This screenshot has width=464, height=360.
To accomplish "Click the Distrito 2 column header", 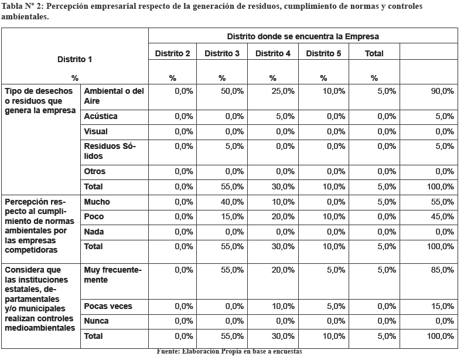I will pos(172,53).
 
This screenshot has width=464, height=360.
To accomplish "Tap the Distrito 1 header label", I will pos(74,59).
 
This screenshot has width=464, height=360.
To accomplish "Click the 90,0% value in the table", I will pos(442,91).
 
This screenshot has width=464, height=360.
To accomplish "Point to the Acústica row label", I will pos(100,116).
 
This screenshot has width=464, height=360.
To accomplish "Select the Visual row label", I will pos(96,131).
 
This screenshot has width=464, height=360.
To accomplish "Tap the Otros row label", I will pos(94,171).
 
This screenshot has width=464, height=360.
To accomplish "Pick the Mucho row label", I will pos(97,202).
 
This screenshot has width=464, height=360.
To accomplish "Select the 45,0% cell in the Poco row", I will pos(442,217).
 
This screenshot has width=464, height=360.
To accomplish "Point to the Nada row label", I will pos(94,232).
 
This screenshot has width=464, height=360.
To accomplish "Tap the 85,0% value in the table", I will pos(442,270).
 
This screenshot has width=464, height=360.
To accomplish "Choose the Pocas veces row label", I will pos(108,306).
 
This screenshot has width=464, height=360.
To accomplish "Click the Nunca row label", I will pos(96,321).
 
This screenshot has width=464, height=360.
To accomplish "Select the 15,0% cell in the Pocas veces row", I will pos(442,306).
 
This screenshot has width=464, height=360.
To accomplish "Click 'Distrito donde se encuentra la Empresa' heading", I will pos(303,36).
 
